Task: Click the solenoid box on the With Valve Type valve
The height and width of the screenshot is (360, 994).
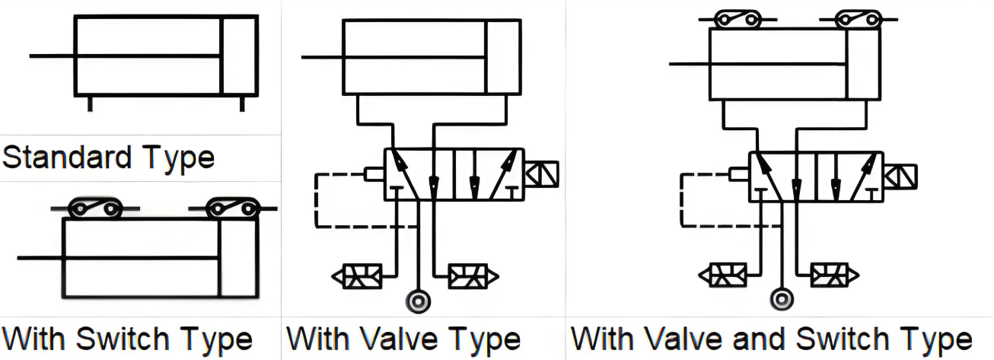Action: tap(541, 174)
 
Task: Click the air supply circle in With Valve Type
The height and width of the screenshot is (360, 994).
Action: tap(417, 301)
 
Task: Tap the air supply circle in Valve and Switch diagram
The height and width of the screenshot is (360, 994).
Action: tap(780, 299)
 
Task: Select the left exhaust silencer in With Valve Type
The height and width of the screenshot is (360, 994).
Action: tap(357, 276)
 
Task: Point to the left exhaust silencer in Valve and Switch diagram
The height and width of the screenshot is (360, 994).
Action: tap(721, 274)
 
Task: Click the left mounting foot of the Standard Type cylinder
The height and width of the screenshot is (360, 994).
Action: tap(90, 104)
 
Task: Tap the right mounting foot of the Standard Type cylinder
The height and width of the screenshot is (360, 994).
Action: tap(243, 104)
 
